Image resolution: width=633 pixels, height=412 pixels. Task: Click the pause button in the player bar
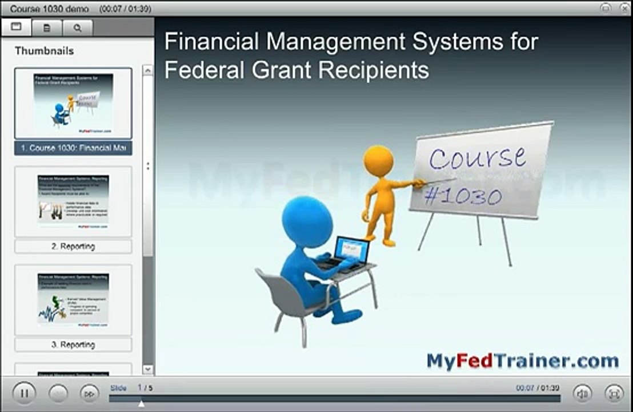(x=23, y=394)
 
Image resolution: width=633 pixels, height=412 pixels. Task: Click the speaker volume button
(x=583, y=394)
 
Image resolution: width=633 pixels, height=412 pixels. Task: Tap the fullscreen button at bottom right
(x=614, y=394)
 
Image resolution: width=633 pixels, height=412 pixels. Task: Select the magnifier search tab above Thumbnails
(x=77, y=27)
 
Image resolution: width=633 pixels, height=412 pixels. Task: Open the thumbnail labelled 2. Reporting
(x=73, y=201)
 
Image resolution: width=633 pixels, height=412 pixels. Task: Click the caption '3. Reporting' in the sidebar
(x=73, y=344)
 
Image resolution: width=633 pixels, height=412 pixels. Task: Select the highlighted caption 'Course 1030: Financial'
(x=73, y=148)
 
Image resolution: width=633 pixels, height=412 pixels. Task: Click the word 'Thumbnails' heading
(x=44, y=51)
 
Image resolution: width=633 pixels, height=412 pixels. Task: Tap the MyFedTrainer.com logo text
(x=522, y=360)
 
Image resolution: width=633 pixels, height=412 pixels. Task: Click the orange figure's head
(x=378, y=160)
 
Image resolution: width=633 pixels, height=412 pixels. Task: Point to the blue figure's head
(x=307, y=221)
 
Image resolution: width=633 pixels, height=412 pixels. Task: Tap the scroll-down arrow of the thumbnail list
(x=148, y=370)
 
